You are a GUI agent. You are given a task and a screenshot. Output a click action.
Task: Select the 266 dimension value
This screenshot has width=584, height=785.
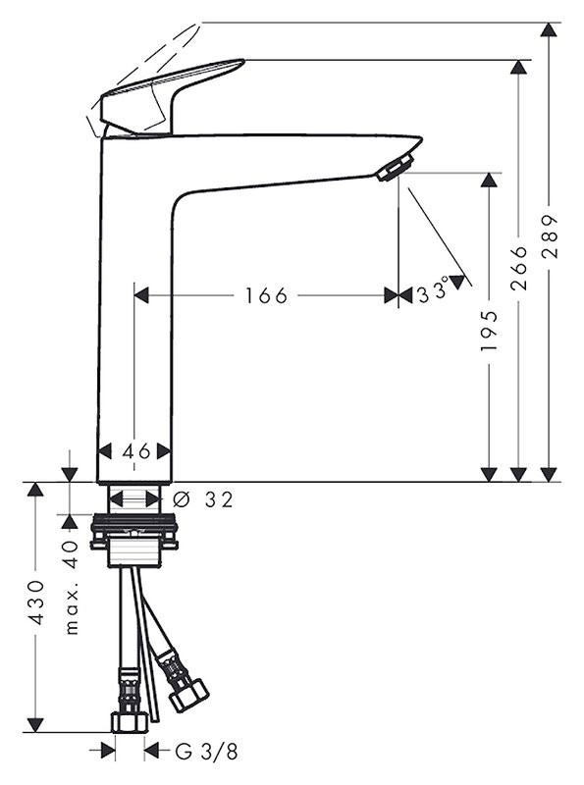click(x=519, y=268)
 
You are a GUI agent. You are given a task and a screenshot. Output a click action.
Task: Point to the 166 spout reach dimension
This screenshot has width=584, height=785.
click(x=266, y=295)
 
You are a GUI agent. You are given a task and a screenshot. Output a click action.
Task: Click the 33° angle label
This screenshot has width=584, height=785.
click(x=432, y=293)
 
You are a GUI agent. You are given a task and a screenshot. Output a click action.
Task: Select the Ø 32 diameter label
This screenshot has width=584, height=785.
click(x=204, y=499)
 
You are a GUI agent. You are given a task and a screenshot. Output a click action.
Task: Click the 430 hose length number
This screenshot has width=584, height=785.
click(x=35, y=602)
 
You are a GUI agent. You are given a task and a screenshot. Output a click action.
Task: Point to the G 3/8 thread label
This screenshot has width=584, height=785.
click(x=206, y=752)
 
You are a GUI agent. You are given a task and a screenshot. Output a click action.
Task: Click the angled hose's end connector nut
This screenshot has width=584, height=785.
click(x=187, y=693)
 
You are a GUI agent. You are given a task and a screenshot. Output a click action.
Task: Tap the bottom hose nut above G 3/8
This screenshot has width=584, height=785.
click(x=129, y=721)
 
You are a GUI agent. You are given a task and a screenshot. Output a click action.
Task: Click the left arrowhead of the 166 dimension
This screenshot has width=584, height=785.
click(x=141, y=295)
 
